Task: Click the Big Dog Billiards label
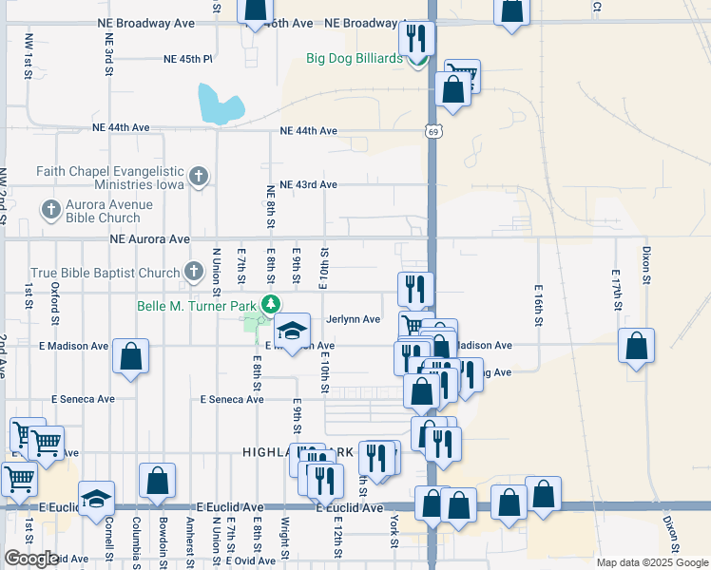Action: point(355,58)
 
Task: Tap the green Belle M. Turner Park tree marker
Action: point(272,305)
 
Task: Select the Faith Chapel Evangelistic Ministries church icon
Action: point(198,176)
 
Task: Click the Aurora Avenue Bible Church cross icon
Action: point(50,208)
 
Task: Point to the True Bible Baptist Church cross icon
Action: point(193,273)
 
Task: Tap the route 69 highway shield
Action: point(432,131)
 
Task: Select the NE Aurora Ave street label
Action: point(149,239)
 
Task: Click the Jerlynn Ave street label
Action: point(353,320)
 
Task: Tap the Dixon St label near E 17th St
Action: point(645,266)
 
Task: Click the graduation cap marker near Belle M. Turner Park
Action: point(292,331)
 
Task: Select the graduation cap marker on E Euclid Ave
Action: point(96,498)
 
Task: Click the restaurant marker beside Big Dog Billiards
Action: point(415,39)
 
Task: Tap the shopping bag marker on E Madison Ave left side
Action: point(131,356)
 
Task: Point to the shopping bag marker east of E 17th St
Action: point(636,347)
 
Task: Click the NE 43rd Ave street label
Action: point(309,184)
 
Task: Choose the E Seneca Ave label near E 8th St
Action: point(232,400)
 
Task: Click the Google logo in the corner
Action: point(31,559)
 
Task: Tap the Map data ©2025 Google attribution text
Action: point(651,562)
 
